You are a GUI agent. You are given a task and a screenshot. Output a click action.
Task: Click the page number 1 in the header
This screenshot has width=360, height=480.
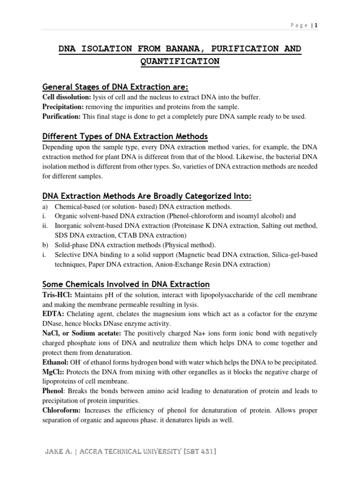coord(316,25)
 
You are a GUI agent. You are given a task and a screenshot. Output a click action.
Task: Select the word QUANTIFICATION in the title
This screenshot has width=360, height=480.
coord(180,61)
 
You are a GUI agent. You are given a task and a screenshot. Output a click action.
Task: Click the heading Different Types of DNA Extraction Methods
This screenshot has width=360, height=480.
coord(125,136)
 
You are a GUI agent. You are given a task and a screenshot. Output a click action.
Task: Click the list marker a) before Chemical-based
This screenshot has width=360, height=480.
coord(45,207)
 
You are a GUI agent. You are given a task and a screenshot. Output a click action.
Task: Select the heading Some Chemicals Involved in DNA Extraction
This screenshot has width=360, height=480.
coord(126,284)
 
